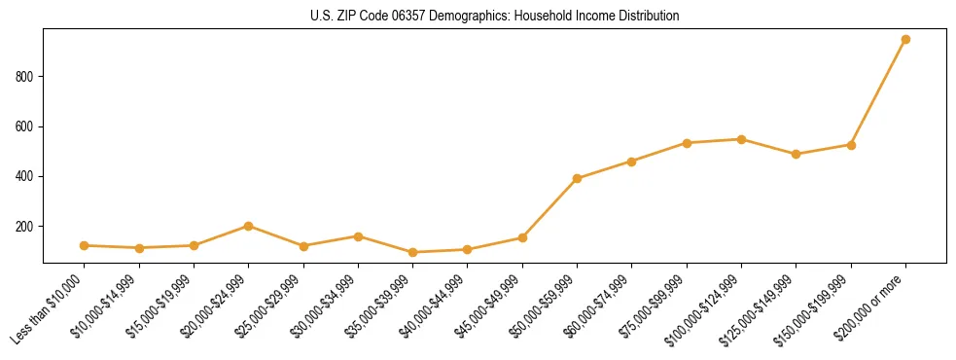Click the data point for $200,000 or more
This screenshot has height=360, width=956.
click(x=905, y=40)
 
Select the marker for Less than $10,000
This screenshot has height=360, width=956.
click(x=85, y=246)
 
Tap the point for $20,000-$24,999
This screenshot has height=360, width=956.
click(x=249, y=226)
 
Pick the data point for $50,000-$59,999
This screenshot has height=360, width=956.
click(x=577, y=178)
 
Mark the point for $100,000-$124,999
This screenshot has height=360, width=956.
click(x=741, y=139)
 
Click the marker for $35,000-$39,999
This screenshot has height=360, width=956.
click(x=412, y=252)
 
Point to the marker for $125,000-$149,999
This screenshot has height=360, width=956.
click(x=797, y=154)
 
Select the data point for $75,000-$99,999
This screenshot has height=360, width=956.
click(x=687, y=143)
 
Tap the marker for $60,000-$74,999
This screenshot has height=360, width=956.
click(x=632, y=162)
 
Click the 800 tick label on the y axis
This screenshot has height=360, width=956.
click(x=25, y=77)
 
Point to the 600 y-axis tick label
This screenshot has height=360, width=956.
click(x=25, y=126)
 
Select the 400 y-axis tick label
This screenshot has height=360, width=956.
click(x=25, y=176)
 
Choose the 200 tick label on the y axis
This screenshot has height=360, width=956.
click(x=25, y=227)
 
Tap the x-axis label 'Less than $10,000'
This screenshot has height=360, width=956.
click(x=48, y=309)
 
